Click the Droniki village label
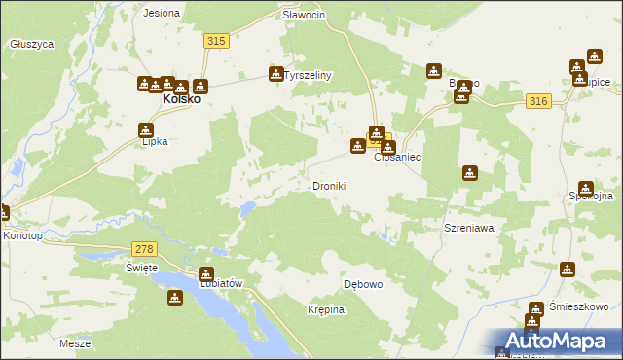point(329,186)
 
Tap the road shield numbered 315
point(216,40)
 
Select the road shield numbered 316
point(537,101)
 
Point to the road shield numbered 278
point(144,250)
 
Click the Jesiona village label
point(162,14)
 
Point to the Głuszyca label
point(30,44)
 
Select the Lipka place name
point(155,141)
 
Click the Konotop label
point(23,235)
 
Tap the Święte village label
point(141,268)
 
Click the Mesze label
point(75,343)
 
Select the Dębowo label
point(363,285)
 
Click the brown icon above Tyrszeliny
point(276,73)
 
